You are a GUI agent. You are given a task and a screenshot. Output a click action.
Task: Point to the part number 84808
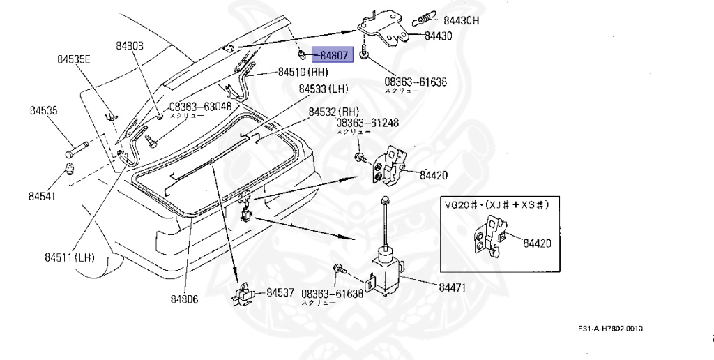(x=130, y=46)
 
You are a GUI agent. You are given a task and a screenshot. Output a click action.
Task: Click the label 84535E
(x=74, y=60)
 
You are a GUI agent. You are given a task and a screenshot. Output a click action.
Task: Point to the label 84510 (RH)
(x=303, y=72)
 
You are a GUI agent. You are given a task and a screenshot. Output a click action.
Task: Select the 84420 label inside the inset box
(x=538, y=243)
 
